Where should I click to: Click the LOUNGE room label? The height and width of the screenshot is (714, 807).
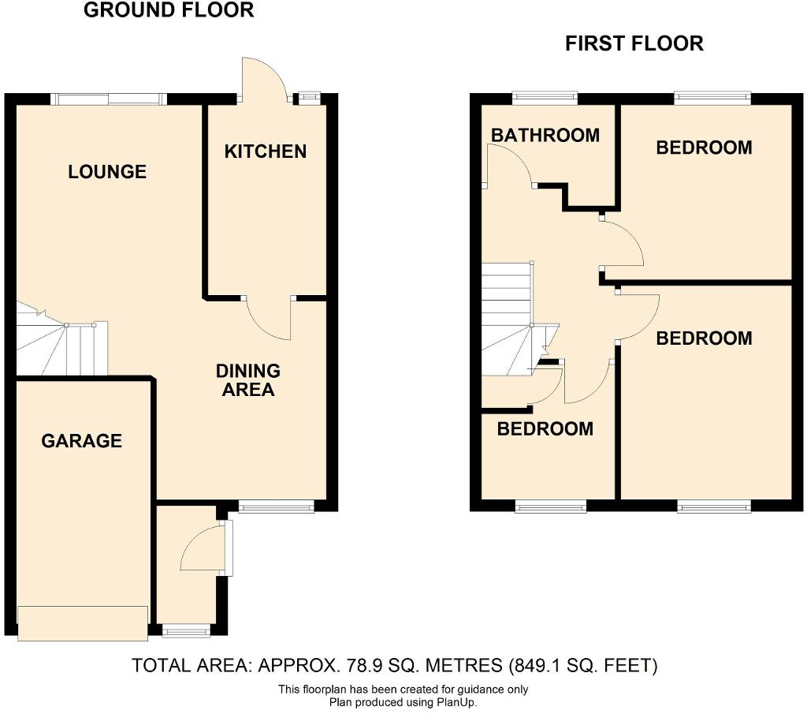click(x=107, y=171)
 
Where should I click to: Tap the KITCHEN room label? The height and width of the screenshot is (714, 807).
click(x=266, y=151)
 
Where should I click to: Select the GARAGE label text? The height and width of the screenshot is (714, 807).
click(x=82, y=440)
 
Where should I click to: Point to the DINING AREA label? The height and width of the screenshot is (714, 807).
click(x=248, y=379)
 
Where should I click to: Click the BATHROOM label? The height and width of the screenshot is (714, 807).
click(x=545, y=135)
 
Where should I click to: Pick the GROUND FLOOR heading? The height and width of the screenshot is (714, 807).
click(x=169, y=10)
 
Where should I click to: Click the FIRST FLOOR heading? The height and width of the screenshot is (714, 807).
click(x=634, y=43)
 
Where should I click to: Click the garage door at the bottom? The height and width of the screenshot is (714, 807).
click(x=83, y=622)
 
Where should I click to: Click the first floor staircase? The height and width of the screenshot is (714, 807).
click(x=508, y=320)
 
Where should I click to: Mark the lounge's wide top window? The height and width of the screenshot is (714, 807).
click(x=109, y=99)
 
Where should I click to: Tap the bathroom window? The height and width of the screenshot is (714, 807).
click(x=544, y=99)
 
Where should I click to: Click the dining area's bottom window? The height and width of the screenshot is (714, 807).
click(x=276, y=507)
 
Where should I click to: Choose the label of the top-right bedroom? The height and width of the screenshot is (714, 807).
click(x=704, y=148)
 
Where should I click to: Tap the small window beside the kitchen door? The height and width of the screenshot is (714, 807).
click(x=307, y=99)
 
